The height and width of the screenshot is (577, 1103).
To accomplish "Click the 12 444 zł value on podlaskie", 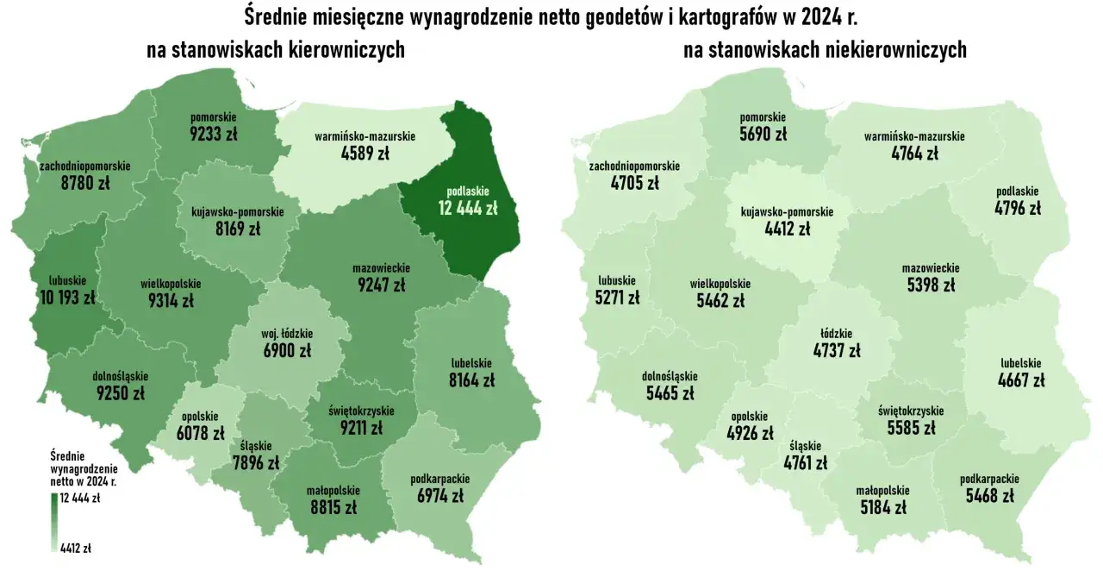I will click(468, 208).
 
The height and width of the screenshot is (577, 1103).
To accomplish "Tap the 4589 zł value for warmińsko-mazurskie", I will click(365, 154).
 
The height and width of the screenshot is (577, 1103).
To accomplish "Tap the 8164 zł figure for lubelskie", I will click(471, 379).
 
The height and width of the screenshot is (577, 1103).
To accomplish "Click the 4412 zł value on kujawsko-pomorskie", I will click(788, 229).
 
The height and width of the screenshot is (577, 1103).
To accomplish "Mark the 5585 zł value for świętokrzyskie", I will click(911, 427).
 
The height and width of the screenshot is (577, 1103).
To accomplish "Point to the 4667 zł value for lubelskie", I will click(1021, 379).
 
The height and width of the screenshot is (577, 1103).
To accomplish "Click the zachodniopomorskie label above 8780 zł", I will click(85, 166).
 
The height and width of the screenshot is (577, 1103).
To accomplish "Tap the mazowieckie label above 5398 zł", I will click(930, 268).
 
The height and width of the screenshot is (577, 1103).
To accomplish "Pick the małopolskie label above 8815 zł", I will click(333, 492).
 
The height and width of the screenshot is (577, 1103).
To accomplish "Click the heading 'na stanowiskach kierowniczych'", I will click(276, 51).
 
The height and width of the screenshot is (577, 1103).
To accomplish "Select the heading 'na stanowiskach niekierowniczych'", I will click(825, 51).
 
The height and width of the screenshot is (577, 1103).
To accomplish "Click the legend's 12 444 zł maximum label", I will click(80, 499).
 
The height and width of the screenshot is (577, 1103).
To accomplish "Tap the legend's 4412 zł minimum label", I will click(76, 547).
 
